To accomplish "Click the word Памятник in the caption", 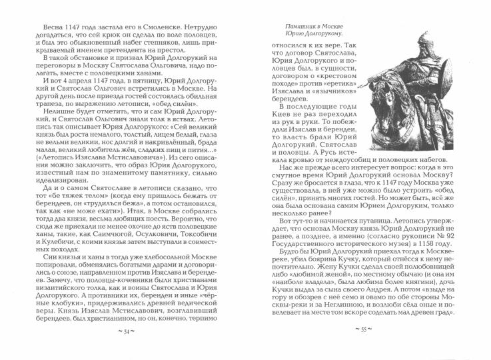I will click(294, 25).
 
